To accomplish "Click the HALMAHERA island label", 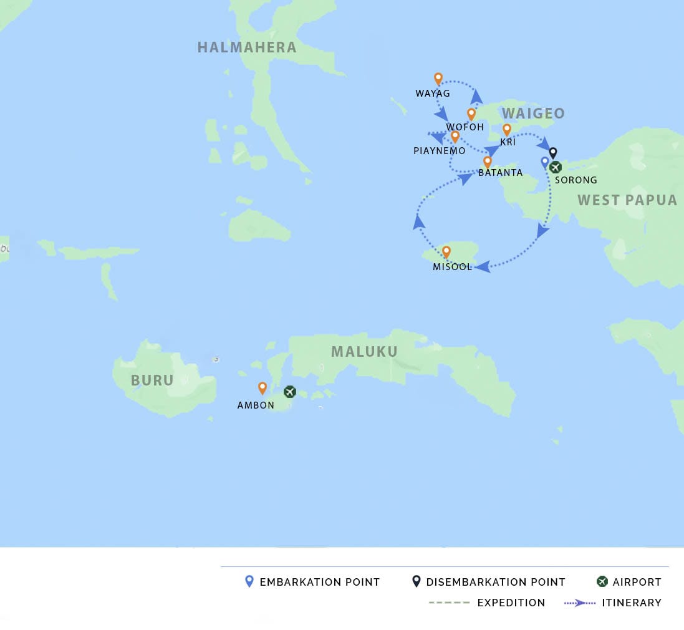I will tap(247, 47).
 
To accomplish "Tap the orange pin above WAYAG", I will tap(438, 79).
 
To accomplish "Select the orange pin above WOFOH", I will tap(471, 114).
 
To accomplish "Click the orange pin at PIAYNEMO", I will tap(455, 137).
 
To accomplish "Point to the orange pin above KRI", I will tap(507, 129).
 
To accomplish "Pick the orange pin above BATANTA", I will tap(488, 162).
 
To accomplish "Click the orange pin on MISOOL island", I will tap(446, 252).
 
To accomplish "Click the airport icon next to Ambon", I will tap(289, 392).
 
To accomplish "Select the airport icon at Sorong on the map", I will tap(555, 167).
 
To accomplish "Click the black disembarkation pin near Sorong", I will tap(552, 153).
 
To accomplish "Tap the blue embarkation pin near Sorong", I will tap(545, 162).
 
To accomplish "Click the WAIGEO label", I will tap(533, 114).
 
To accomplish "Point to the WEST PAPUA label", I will tap(627, 200).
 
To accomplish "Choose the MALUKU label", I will tap(364, 352).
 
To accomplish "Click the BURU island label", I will tap(152, 380).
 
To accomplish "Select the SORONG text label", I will tap(576, 180).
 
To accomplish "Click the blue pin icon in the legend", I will tap(249, 581).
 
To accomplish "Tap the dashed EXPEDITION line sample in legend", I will tap(449, 603).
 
